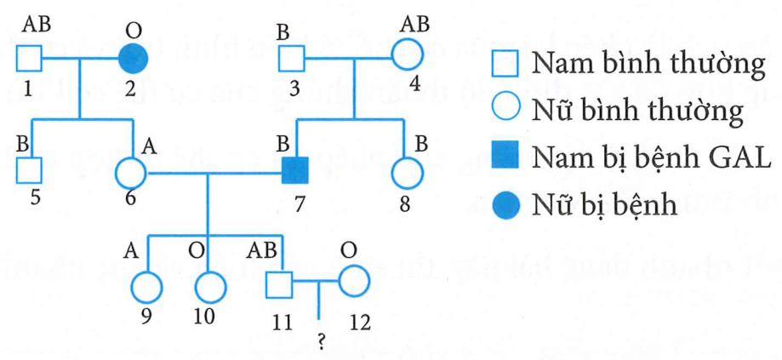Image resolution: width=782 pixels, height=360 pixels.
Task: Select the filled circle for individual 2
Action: pos(134,59)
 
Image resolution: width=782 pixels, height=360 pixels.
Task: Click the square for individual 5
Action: pos(30,170)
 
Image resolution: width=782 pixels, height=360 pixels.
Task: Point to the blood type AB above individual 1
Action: pos(34,25)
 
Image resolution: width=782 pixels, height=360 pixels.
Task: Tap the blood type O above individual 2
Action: pos(134,29)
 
